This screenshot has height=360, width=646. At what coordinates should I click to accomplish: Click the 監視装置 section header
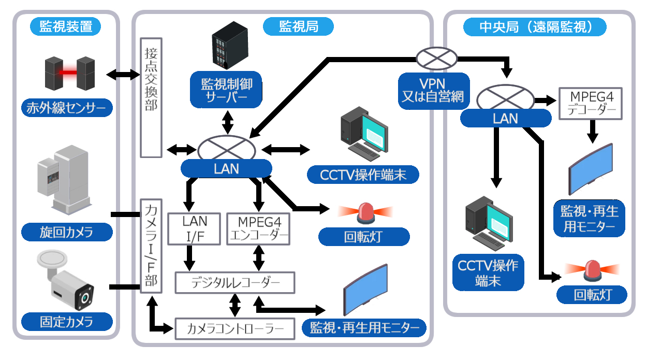[66, 26]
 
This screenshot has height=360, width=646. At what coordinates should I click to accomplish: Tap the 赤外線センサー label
[67, 108]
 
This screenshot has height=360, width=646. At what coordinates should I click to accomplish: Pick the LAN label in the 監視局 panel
[226, 168]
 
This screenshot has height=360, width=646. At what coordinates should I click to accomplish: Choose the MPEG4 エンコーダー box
[258, 228]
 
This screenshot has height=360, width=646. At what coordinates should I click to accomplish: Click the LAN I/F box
[195, 228]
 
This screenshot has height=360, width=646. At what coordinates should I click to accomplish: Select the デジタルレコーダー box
[235, 283]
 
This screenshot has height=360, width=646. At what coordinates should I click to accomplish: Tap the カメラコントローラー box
[235, 328]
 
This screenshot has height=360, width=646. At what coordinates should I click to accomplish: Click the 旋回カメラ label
[67, 232]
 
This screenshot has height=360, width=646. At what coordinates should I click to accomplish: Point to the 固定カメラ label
[67, 321]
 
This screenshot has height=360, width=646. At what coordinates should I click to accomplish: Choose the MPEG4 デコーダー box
[590, 103]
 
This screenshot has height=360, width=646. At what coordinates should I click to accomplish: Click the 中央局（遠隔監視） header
[535, 26]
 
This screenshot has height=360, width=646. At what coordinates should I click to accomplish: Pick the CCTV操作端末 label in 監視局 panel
[362, 175]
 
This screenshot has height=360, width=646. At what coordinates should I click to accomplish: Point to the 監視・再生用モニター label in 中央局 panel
[589, 218]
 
